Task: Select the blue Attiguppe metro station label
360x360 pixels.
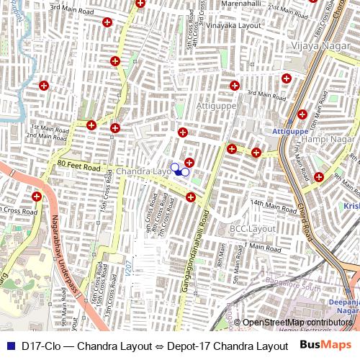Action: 290,132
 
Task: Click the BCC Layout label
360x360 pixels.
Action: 252,228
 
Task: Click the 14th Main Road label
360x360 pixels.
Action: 269,204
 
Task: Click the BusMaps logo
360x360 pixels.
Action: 325,346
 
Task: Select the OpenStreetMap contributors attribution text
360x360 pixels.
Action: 297,323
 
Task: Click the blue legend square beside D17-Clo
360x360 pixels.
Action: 10,346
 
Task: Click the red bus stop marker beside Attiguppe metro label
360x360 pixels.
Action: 302,114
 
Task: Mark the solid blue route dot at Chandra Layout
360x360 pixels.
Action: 177,171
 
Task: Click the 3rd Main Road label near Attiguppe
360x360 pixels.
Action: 261,93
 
